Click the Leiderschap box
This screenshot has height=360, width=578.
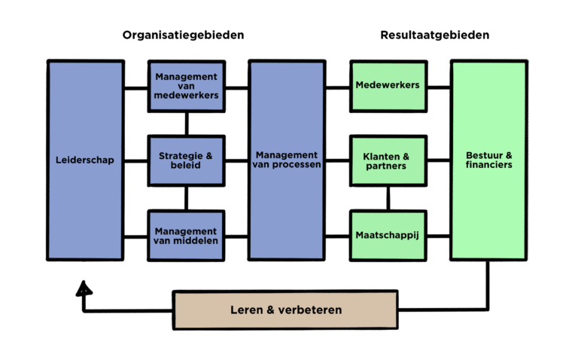pos(85,160)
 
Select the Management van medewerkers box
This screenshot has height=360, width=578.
pos(186,86)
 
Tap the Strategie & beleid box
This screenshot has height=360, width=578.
pos(186,160)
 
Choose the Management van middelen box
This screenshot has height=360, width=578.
pos(186,235)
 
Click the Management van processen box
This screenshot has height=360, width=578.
pos(287,160)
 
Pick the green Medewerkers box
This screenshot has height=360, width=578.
pos(388,85)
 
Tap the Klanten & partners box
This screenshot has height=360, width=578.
pos(388,160)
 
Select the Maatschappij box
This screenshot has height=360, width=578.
pos(388,235)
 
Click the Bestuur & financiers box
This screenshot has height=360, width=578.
pos(488,160)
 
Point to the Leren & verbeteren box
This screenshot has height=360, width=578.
pos(285,310)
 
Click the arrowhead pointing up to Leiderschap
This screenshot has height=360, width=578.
pos(84,287)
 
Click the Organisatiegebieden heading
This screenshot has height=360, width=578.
pos(184,35)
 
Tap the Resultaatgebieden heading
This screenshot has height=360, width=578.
pos(435,35)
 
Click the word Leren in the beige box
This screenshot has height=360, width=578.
pos(247,310)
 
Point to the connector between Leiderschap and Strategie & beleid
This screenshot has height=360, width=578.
pos(136,160)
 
